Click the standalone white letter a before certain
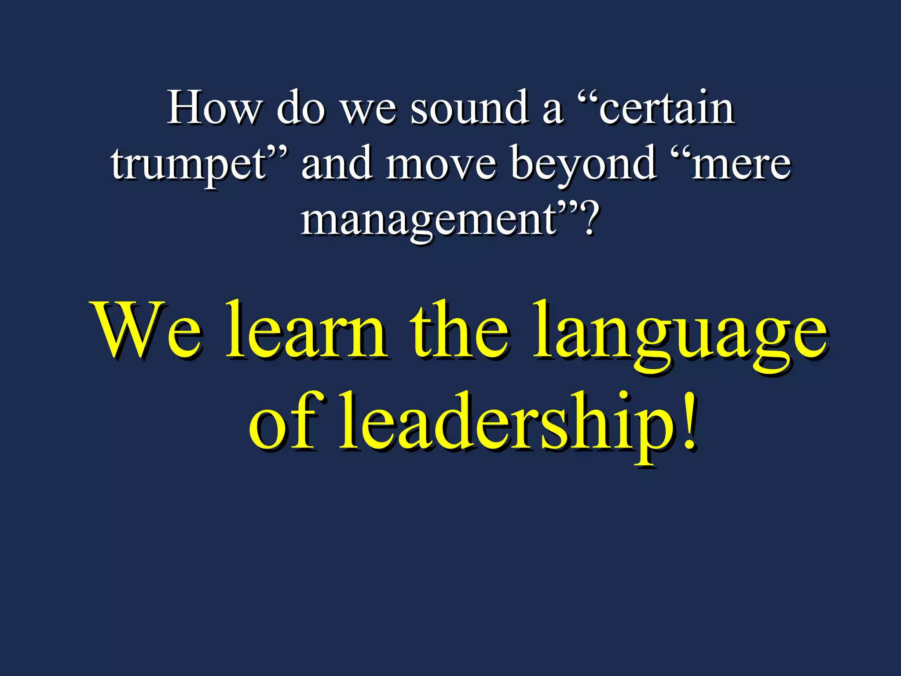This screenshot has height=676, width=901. point(553,110)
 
